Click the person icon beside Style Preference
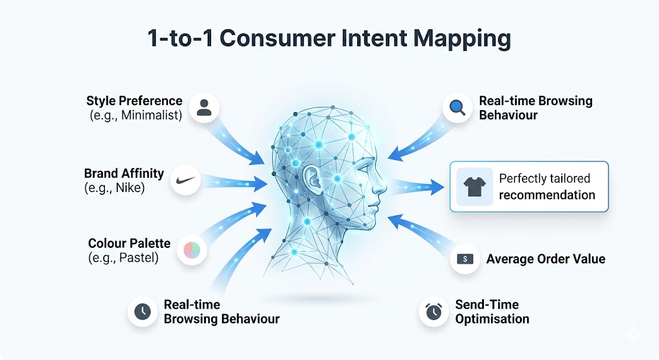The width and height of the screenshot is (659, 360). (x=204, y=107)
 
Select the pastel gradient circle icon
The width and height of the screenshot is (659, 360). (x=191, y=251)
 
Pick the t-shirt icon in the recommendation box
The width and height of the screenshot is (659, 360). (x=474, y=187)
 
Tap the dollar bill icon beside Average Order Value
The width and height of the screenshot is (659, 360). (x=465, y=259)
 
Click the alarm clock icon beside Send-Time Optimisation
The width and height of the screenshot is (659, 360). (x=434, y=312)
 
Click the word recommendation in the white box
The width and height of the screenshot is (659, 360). (x=547, y=195)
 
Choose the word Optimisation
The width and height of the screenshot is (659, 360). (x=492, y=319)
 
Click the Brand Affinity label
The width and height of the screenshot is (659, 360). (x=124, y=173)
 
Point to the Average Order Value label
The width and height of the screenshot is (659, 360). (x=546, y=259)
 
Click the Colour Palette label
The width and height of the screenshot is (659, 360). (x=129, y=243)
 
